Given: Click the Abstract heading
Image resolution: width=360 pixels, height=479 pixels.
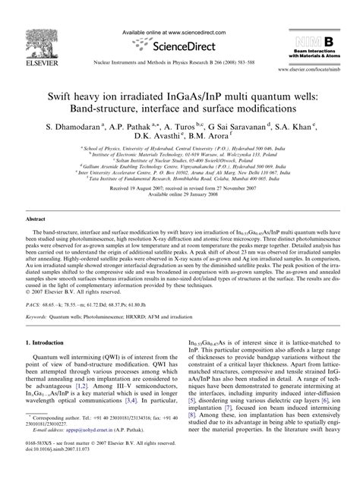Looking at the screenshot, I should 39,218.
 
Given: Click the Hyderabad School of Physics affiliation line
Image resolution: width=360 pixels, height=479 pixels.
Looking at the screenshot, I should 180,152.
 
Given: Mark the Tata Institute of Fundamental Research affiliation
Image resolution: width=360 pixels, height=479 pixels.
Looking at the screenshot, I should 180,179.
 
